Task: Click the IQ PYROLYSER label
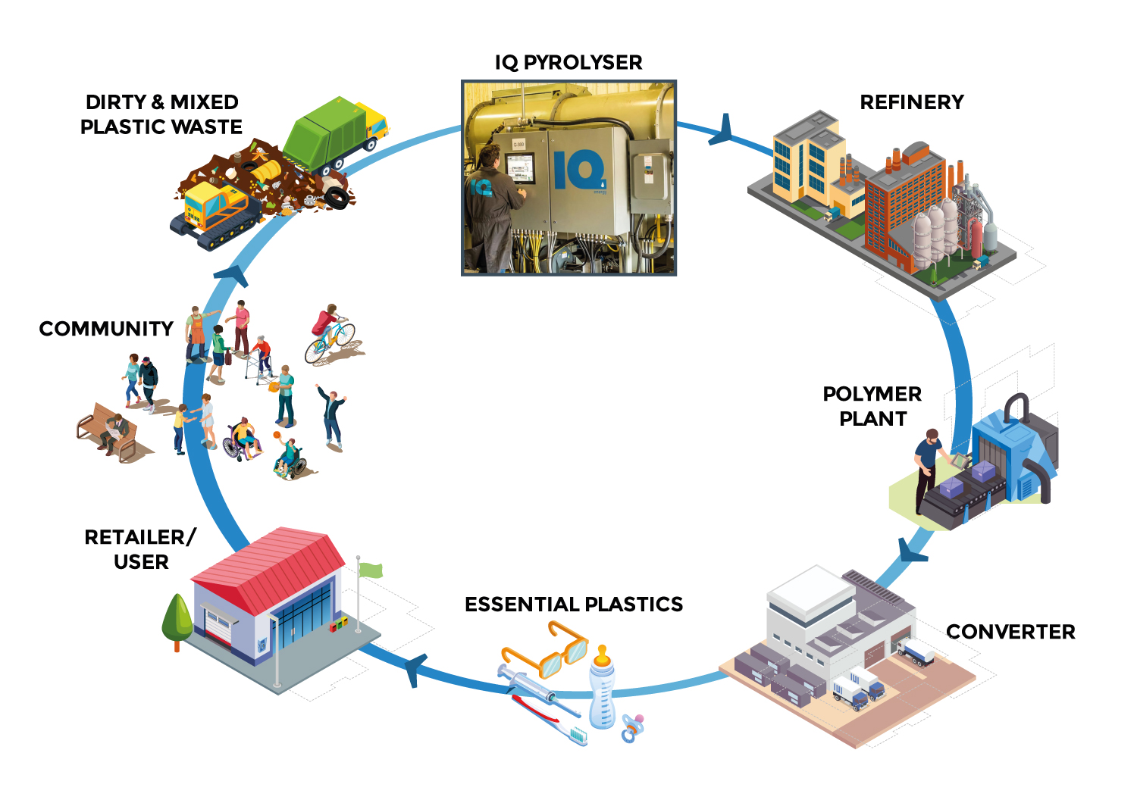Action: click(568, 62)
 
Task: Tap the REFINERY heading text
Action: click(912, 102)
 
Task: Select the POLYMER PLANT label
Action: click(872, 406)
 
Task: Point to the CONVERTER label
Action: click(1010, 632)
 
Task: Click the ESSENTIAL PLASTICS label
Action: click(574, 605)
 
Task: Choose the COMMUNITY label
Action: click(106, 329)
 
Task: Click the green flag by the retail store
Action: click(371, 570)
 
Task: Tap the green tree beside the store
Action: click(177, 617)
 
